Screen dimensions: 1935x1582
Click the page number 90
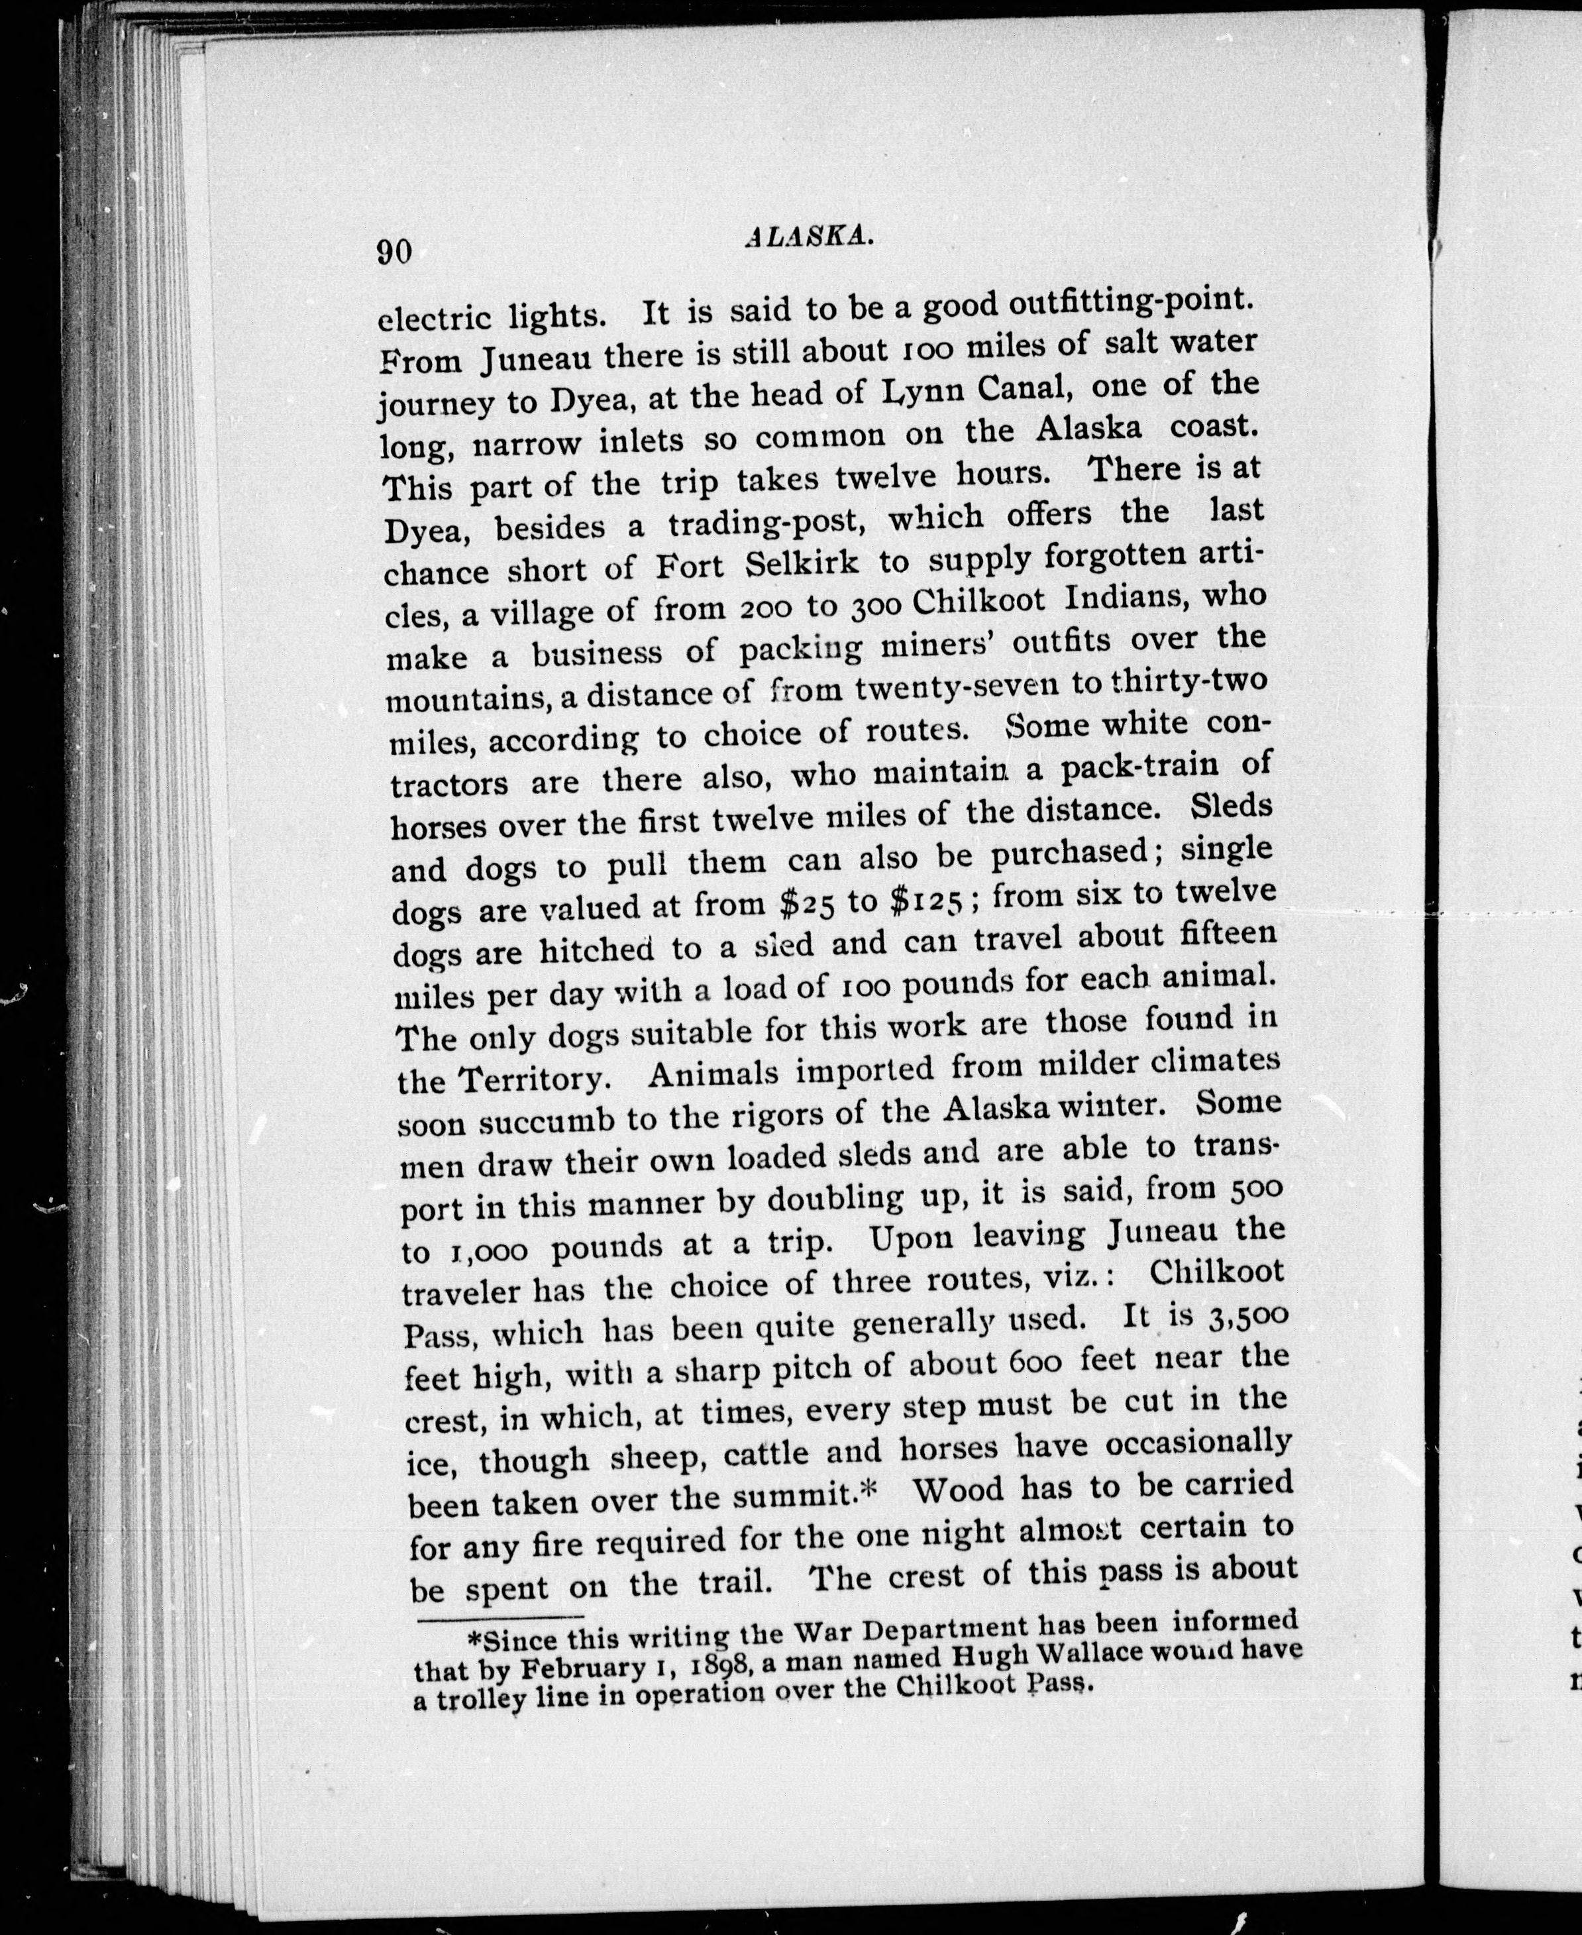click(x=395, y=250)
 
